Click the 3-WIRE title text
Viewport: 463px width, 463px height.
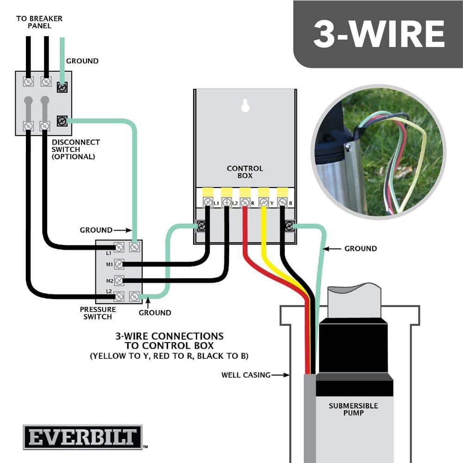(379, 33)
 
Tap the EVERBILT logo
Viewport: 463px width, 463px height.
(82, 437)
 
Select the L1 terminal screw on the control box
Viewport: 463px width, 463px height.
(208, 202)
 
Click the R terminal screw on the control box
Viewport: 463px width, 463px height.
(245, 202)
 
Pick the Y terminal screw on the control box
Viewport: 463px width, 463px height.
(263, 202)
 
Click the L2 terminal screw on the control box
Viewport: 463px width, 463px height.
(226, 202)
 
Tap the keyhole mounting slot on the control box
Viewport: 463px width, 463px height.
(245, 106)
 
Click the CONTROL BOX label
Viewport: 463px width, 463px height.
(245, 172)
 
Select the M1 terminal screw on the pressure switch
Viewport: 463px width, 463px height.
(119, 264)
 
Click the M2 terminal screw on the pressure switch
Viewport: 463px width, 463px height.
(119, 281)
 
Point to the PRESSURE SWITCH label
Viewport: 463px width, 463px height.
(98, 313)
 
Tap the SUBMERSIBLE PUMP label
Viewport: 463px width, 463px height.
(353, 409)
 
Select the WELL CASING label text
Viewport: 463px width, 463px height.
(245, 375)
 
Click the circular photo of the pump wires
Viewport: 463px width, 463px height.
(377, 152)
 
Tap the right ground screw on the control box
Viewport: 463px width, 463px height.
(289, 226)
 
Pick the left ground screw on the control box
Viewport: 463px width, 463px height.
(201, 226)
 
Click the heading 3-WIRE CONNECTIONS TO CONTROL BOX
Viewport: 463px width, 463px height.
(169, 340)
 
